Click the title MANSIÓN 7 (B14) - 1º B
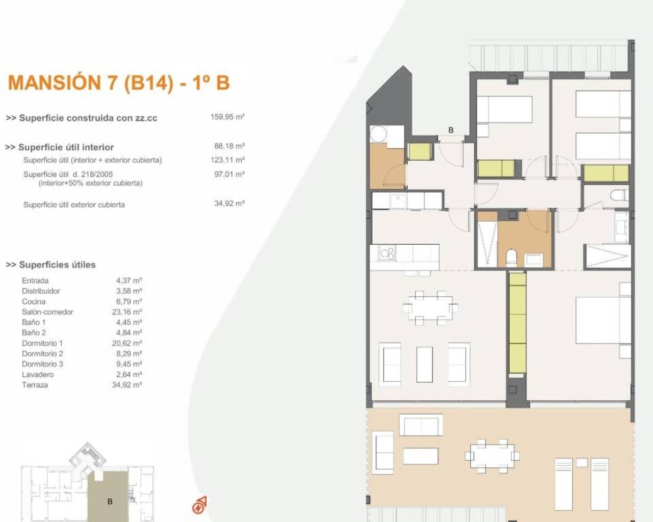pyautogui.click(x=119, y=83)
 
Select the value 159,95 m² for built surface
pyautogui.click(x=228, y=117)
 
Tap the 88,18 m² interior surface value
pyautogui.click(x=229, y=146)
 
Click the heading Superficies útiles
pyautogui.click(x=51, y=265)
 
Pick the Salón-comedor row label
pyautogui.click(x=47, y=312)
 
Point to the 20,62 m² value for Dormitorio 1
pyautogui.click(x=127, y=343)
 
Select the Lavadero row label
pyautogui.click(x=38, y=375)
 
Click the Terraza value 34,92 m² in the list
pyautogui.click(x=127, y=385)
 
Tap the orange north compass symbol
pyautogui.click(x=199, y=505)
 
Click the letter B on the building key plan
pyautogui.click(x=110, y=502)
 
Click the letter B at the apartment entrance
pyautogui.click(x=450, y=130)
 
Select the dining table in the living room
pyautogui.click(x=430, y=307)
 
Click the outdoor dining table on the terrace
pyautogui.click(x=492, y=455)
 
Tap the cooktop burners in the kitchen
pyautogui.click(x=387, y=252)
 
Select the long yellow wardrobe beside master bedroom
pyautogui.click(x=517, y=323)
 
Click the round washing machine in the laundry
pyautogui.click(x=379, y=135)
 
